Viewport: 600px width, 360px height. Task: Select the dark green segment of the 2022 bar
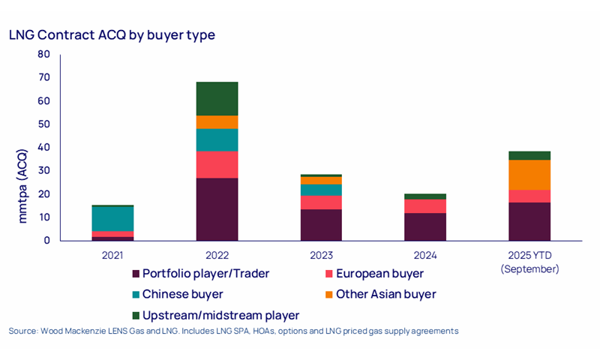pos(217,98)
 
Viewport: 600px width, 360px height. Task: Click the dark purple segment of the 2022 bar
pos(217,209)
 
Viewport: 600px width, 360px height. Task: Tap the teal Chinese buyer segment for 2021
pos(112,218)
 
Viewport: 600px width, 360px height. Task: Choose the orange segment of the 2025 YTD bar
pos(529,175)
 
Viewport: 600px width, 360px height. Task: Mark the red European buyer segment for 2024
pos(425,206)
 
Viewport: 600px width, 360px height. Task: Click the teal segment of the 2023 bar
pos(321,190)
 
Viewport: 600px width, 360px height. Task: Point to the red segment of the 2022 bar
pos(217,164)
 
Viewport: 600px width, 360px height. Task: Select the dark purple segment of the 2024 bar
pos(425,226)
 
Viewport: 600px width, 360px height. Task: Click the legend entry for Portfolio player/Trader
pos(199,274)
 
